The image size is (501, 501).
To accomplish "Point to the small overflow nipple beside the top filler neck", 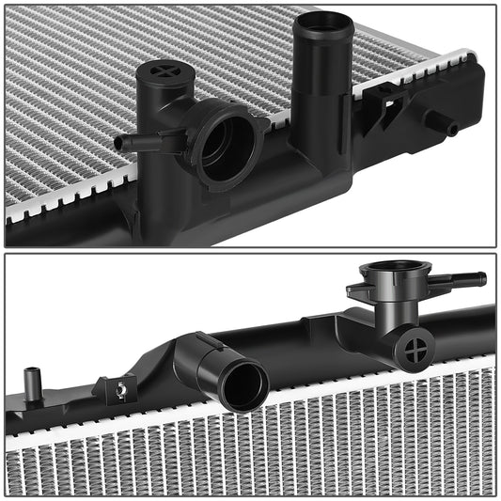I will coord(127,144).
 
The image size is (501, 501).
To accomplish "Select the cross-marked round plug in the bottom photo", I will coord(414,350).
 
